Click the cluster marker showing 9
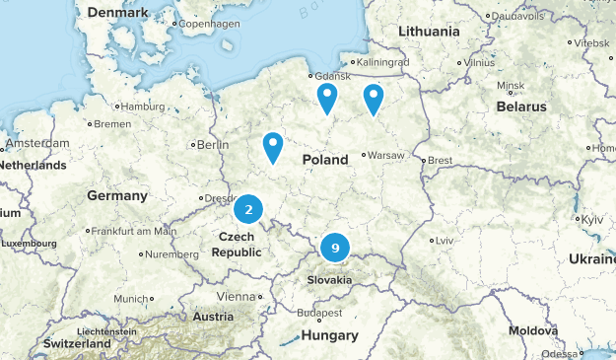[336, 249]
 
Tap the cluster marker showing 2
[249, 209]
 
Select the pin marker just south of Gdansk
[326, 98]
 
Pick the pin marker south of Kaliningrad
[374, 98]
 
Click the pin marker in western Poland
[273, 147]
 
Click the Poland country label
[325, 160]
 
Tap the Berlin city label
[214, 144]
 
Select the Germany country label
[116, 195]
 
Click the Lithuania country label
[429, 32]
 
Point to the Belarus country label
[520, 106]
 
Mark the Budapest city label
[319, 313]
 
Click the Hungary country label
[329, 335]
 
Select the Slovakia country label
[329, 280]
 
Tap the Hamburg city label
[143, 107]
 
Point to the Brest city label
[438, 160]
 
